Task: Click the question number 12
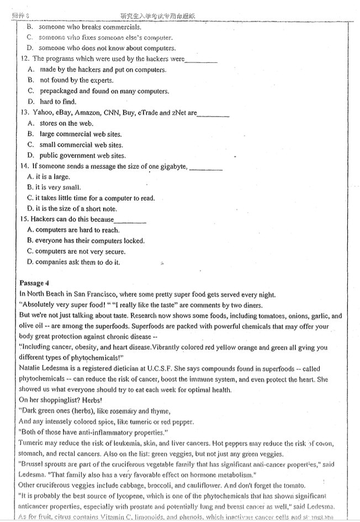(24, 58)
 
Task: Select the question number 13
(24, 113)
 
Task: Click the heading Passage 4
(34, 283)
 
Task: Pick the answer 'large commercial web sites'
(81, 134)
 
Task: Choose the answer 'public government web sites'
(82, 156)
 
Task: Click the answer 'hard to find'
(58, 102)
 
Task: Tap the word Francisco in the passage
(100, 294)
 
